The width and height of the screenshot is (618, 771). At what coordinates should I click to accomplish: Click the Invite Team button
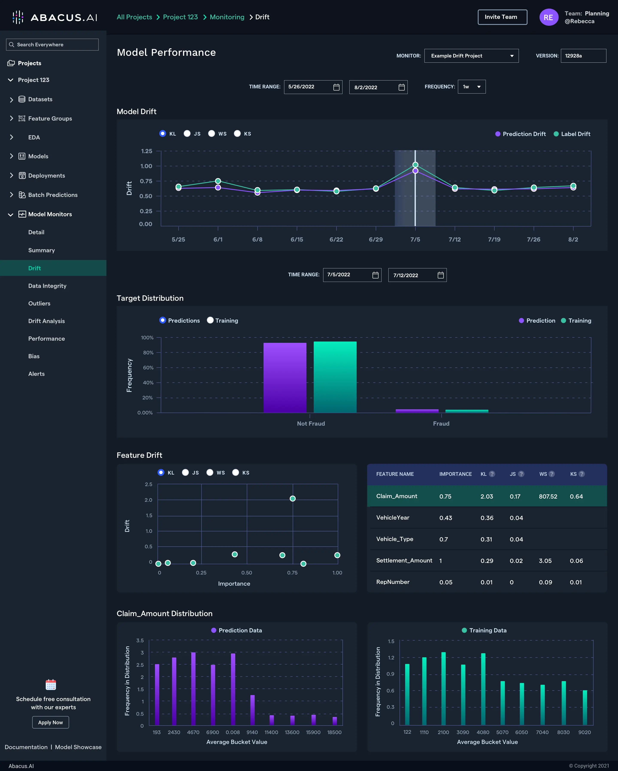tap(502, 17)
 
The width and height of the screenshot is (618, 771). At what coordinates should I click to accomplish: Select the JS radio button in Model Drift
tap(187, 133)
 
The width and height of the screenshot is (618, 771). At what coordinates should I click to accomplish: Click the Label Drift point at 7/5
tap(415, 165)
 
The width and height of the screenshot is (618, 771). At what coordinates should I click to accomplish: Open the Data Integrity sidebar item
tap(47, 286)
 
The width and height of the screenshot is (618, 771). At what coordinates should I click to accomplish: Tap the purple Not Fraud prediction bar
tap(285, 378)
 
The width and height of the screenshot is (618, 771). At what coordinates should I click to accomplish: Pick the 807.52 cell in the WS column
tap(548, 496)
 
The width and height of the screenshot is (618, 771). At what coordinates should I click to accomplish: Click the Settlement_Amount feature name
tap(404, 560)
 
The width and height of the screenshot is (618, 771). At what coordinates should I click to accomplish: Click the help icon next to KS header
tap(582, 474)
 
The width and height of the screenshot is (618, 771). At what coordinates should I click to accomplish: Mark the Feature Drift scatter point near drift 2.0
tap(292, 499)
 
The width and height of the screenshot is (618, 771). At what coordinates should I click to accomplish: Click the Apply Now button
tap(50, 722)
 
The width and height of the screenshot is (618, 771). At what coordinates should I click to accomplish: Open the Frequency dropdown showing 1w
tap(472, 86)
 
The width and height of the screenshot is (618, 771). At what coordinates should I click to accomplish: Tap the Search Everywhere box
tap(52, 44)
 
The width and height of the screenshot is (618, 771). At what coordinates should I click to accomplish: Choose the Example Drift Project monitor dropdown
tap(471, 56)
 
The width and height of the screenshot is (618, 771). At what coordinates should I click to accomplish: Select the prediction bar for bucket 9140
tap(253, 710)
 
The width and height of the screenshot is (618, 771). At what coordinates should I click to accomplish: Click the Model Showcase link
tap(78, 747)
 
